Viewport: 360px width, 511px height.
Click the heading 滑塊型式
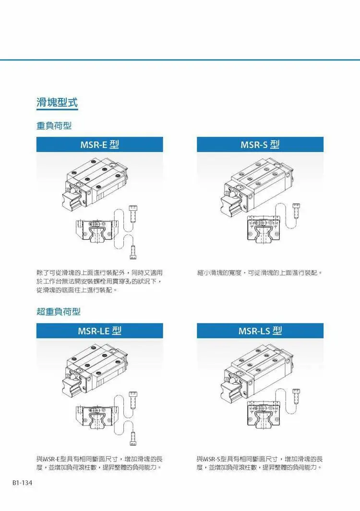click(57, 103)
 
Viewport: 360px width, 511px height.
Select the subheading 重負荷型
click(54, 125)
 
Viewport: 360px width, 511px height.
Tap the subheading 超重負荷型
click(58, 312)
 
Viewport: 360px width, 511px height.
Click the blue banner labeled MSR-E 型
click(100, 145)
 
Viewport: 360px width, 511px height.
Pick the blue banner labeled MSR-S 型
click(260, 145)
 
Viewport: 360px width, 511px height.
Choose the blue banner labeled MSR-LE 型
click(100, 331)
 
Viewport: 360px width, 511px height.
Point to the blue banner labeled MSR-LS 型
click(260, 331)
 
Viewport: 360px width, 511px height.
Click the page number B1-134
click(23, 483)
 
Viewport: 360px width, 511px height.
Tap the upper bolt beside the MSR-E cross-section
click(133, 213)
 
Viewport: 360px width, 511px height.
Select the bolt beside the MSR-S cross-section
click(296, 211)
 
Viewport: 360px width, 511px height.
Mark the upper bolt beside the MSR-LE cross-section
click(133, 400)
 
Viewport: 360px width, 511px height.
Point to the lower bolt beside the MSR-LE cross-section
click(133, 438)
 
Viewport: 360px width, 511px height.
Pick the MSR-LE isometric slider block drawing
click(95, 371)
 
